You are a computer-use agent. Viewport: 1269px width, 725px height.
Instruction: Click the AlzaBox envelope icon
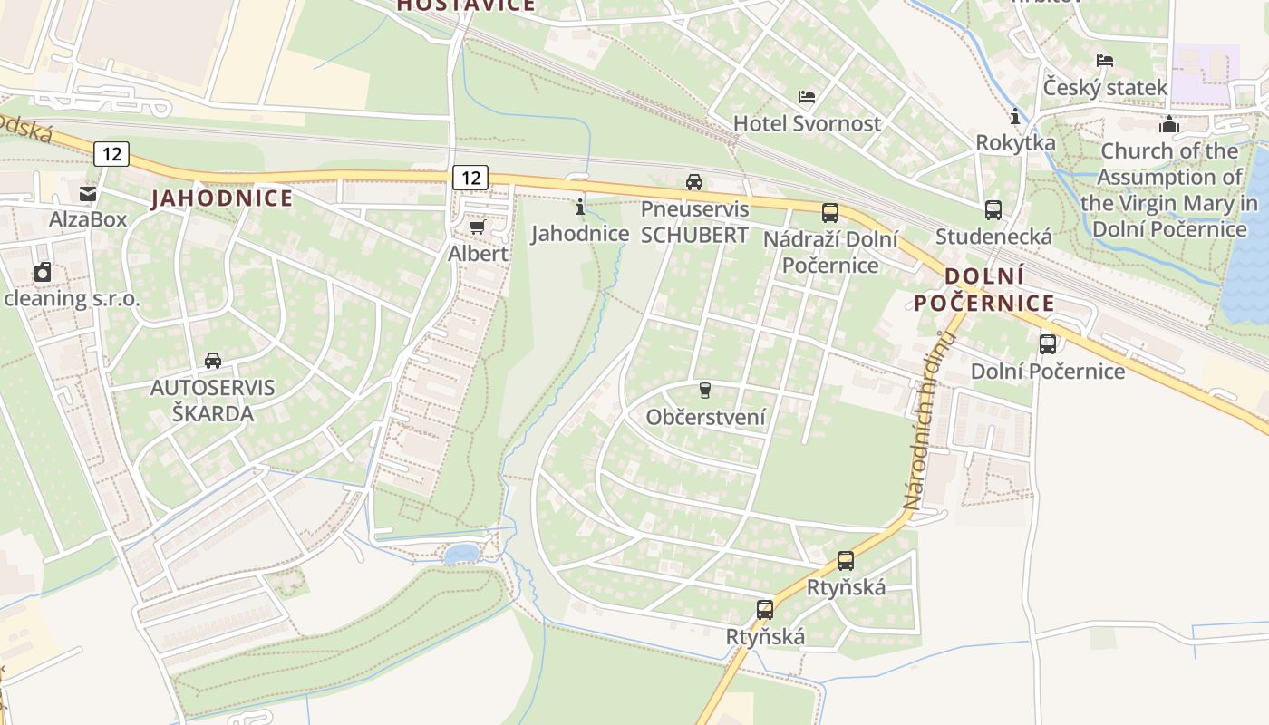point(88,193)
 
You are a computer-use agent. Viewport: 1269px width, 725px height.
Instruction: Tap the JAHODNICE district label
point(222,198)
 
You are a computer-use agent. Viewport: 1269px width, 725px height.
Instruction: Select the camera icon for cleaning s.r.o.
point(43,272)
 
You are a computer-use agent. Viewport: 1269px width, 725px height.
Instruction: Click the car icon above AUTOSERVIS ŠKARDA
point(213,361)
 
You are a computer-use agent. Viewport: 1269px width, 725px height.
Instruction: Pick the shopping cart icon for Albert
point(477,227)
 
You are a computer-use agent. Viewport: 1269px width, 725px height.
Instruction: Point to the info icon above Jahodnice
point(580,208)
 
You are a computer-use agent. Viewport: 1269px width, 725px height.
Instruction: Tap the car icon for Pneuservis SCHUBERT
point(694,182)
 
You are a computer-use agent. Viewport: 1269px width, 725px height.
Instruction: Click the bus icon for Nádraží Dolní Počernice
point(830,213)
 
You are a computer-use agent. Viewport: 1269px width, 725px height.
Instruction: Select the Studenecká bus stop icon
point(993,210)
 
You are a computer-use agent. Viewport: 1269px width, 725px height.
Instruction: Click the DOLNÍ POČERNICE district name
point(983,289)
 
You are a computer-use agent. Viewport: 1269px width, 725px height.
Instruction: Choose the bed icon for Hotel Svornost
point(807,97)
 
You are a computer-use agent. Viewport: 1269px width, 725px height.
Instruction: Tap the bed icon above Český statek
point(1105,61)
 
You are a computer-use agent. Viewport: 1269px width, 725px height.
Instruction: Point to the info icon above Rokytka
point(1015,117)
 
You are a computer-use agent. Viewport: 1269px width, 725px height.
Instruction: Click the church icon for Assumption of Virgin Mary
point(1169,124)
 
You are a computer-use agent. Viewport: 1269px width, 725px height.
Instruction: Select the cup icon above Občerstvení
point(705,391)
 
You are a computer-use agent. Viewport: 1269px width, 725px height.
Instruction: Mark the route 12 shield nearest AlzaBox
point(111,154)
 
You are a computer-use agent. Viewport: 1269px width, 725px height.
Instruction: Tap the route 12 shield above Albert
point(470,177)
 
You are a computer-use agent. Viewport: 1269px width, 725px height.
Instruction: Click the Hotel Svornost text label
point(807,123)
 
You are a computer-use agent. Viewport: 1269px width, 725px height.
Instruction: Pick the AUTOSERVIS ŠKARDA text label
point(212,400)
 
